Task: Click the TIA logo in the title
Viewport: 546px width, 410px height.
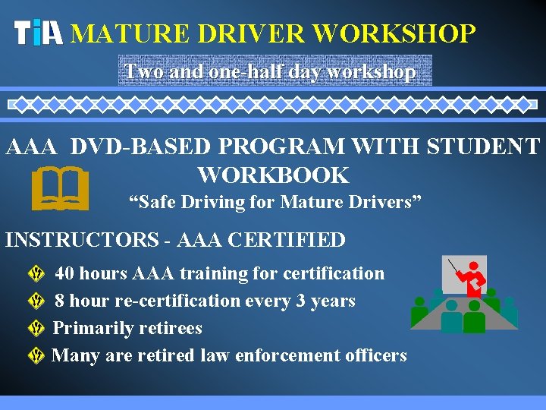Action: click(x=39, y=33)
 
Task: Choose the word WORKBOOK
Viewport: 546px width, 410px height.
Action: click(x=273, y=175)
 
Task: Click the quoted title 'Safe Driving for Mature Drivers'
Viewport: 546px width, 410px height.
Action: click(x=275, y=203)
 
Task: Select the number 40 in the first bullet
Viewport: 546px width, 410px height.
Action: click(x=65, y=273)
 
